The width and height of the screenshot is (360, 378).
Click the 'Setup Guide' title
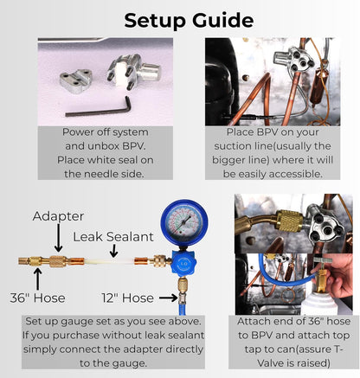[x=189, y=21]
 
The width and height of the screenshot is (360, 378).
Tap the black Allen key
[x=98, y=107]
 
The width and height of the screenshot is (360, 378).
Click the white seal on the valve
[x=120, y=74]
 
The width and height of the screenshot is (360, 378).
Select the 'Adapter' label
[x=58, y=216]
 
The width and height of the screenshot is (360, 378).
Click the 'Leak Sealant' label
[x=113, y=237]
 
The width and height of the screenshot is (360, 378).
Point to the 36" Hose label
[x=37, y=298]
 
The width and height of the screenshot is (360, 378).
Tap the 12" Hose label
[x=127, y=298]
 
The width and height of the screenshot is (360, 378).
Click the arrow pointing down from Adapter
[x=59, y=238]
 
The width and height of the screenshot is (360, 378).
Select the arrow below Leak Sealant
[x=114, y=251]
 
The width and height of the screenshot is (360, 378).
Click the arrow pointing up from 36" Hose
[x=37, y=279]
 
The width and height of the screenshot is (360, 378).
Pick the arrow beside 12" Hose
[x=169, y=298]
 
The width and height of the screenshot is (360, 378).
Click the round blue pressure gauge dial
[x=184, y=222]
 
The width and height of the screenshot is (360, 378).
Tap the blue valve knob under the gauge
[x=183, y=263]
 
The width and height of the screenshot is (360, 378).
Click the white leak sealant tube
[x=109, y=262]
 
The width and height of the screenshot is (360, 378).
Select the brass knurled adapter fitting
[x=59, y=261]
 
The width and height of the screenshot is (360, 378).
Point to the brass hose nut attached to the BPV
[x=288, y=221]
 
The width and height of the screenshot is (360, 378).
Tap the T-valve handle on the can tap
[x=322, y=260]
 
